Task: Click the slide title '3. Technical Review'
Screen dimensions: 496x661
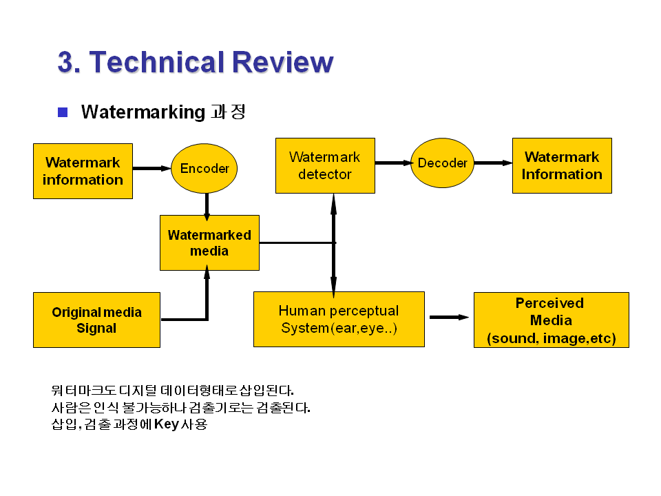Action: point(196,62)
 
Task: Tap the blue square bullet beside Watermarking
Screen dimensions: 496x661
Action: point(63,112)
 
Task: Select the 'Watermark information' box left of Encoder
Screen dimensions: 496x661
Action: point(83,171)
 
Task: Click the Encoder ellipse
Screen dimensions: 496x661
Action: point(204,169)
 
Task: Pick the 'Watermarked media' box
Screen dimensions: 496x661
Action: point(209,242)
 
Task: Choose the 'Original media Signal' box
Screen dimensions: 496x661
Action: point(96,320)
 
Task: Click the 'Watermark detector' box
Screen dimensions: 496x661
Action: point(325,165)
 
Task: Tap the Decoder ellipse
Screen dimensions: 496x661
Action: point(443,163)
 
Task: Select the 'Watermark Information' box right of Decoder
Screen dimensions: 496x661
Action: point(562,165)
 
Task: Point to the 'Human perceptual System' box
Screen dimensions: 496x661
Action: point(339,319)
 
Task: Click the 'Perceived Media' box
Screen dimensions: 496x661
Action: point(551,320)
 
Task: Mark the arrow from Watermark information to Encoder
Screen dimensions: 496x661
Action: point(151,168)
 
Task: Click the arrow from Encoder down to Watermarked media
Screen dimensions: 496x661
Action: point(207,205)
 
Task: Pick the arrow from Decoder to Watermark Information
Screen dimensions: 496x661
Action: point(493,163)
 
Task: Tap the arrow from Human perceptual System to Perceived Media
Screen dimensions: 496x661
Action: point(449,318)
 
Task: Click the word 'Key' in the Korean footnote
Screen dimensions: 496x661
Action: point(166,424)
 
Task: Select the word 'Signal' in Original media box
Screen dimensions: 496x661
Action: point(96,328)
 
